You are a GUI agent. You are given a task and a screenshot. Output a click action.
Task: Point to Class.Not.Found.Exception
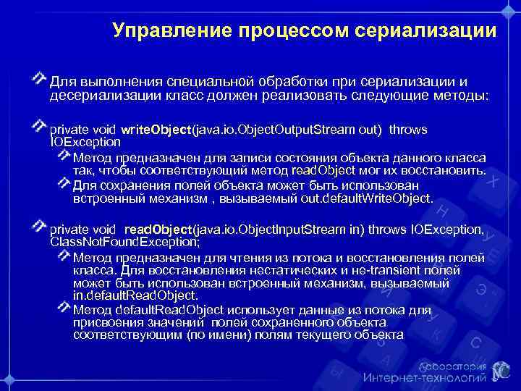pyautogui.click(x=123, y=242)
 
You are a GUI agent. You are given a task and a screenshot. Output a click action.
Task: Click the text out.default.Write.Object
pyautogui.click(x=370, y=198)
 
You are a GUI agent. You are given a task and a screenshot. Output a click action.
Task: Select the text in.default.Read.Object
pyautogui.click(x=135, y=295)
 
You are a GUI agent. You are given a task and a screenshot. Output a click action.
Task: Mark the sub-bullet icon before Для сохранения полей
pyautogui.click(x=64, y=184)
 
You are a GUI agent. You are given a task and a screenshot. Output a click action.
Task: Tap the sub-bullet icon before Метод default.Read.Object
pyautogui.click(x=64, y=308)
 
